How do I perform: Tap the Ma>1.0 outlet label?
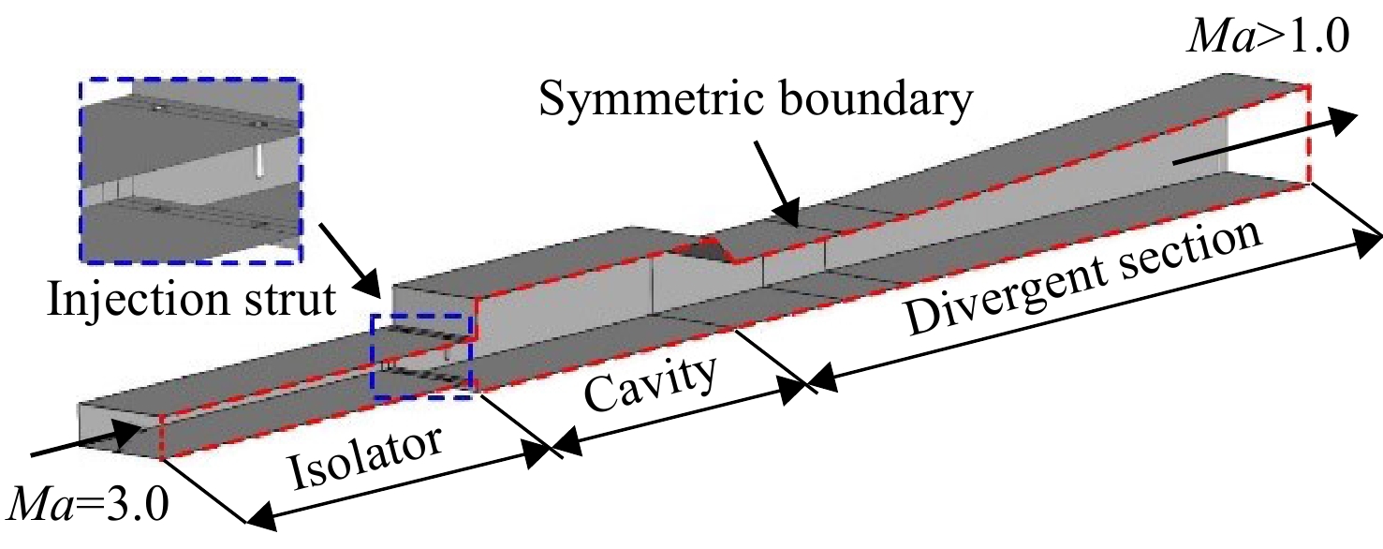(1268, 38)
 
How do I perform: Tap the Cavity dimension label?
(650, 384)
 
